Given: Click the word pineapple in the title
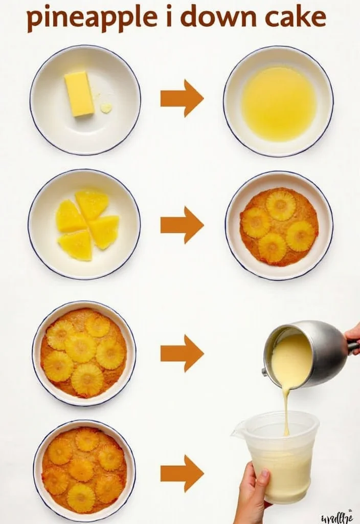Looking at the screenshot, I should pyautogui.click(x=92, y=18).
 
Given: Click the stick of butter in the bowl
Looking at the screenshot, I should pyautogui.click(x=79, y=94).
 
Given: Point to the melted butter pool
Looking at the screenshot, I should pyautogui.click(x=278, y=104).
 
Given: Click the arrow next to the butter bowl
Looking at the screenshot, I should pyautogui.click(x=182, y=98).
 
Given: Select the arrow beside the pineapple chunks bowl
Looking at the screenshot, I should pyautogui.click(x=182, y=225).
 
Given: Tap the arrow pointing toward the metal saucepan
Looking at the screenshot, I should pyautogui.click(x=182, y=353).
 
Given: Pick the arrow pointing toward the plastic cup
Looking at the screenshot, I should pyautogui.click(x=182, y=473).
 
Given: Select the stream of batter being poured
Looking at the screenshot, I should pyautogui.click(x=286, y=409).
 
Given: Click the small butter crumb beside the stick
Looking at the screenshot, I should pyautogui.click(x=106, y=107).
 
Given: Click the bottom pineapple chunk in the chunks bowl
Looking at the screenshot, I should pyautogui.click(x=76, y=245).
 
